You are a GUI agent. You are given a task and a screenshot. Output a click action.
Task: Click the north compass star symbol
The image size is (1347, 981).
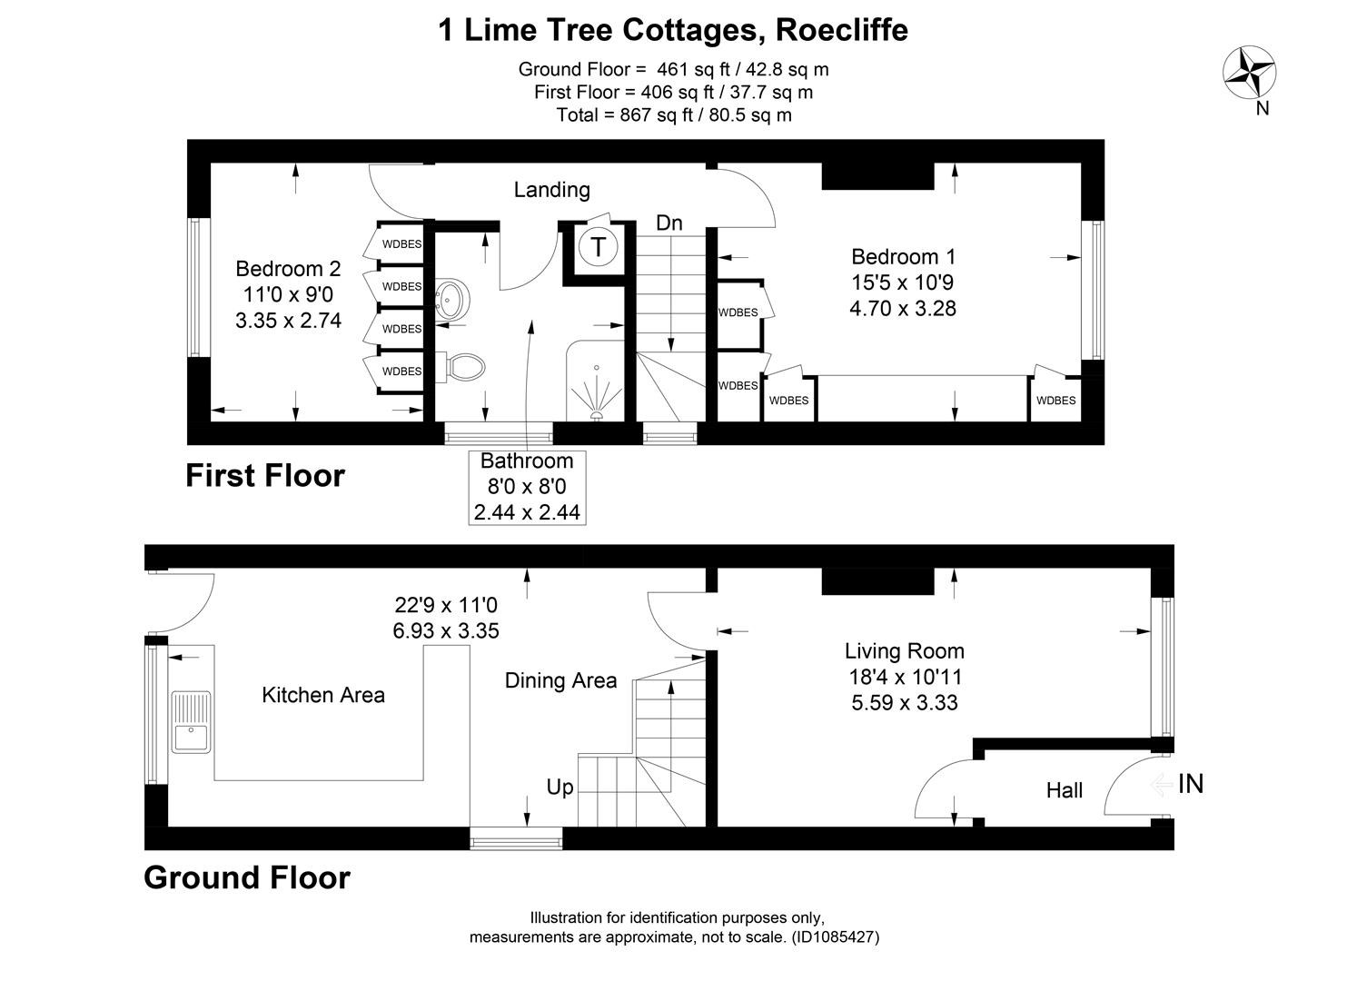(x=1250, y=73)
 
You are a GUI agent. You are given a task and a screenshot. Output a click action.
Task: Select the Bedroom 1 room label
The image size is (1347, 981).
(x=903, y=257)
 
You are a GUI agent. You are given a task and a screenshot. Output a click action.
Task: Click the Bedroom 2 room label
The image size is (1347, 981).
(x=288, y=269)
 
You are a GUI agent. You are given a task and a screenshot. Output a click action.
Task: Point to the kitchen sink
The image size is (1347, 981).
(x=191, y=722)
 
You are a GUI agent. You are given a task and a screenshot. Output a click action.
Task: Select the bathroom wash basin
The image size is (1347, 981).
(x=451, y=300)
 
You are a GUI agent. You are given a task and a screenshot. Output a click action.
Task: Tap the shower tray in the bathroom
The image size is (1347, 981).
(x=596, y=381)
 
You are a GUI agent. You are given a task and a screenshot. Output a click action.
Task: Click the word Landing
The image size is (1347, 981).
(x=551, y=189)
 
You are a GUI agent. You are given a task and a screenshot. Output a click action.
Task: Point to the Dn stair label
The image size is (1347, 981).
(x=669, y=223)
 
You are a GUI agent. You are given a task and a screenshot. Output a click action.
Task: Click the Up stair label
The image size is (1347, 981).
(x=560, y=787)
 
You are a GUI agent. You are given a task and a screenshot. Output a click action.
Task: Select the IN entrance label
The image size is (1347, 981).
(x=1190, y=783)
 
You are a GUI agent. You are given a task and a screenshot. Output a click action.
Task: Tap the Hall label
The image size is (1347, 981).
(x=1064, y=790)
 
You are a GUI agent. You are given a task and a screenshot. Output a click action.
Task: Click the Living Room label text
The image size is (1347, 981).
(x=904, y=650)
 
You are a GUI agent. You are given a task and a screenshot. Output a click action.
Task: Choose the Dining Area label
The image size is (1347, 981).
(x=560, y=680)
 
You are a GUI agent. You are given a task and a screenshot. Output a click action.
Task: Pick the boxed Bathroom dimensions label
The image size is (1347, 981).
(x=527, y=487)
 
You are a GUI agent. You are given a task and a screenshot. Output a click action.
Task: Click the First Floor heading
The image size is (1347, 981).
(x=265, y=476)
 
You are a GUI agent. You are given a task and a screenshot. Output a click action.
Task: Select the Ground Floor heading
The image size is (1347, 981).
(x=247, y=877)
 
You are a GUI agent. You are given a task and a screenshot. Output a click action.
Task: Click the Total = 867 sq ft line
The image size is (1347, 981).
(x=673, y=114)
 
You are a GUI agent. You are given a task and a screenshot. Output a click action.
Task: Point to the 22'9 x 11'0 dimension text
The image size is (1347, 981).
(x=446, y=605)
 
